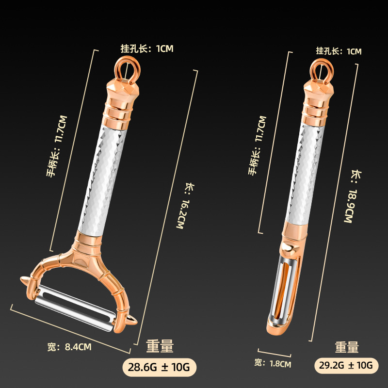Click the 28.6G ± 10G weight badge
(x=160, y=367)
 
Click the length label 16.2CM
(x=182, y=206)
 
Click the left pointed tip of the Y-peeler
(x=23, y=280)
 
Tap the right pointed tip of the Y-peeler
(x=134, y=322)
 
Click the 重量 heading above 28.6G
(x=160, y=346)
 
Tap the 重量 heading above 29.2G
(x=347, y=347)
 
